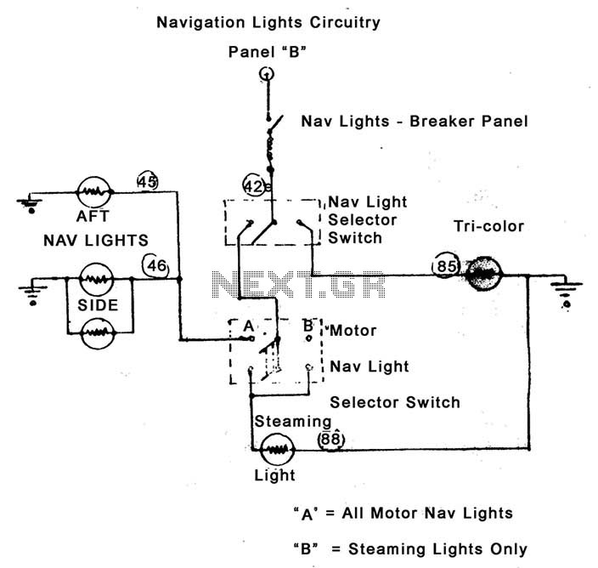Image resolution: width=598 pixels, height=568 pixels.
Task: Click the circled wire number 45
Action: pos(147,181)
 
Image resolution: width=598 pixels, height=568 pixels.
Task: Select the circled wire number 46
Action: pos(155,265)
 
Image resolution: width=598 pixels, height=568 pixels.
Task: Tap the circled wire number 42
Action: pos(254,186)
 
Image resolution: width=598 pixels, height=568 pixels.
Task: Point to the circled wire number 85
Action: pos(445,265)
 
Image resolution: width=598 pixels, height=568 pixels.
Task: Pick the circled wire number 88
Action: pos(330,440)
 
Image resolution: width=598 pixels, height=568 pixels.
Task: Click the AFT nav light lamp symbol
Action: pos(93,192)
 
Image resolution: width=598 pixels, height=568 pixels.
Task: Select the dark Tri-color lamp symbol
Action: pos(483,274)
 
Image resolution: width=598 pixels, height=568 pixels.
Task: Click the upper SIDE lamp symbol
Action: pos(96,279)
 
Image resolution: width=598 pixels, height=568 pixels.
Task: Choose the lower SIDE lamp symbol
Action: pos(98,332)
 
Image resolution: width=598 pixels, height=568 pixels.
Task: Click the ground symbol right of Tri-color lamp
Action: pos(566,293)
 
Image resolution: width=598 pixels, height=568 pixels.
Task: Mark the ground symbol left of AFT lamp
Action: pos(31,202)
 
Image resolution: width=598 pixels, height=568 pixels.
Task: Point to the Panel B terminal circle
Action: pos(267,73)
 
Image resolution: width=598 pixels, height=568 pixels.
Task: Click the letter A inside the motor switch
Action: pos(248,326)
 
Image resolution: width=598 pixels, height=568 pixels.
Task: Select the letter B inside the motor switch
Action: pos(307,326)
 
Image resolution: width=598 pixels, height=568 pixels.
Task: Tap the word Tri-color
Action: pos(488,226)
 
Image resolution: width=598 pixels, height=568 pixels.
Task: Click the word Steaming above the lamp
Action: pos(292,422)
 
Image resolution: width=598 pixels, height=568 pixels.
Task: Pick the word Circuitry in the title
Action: pos(345,22)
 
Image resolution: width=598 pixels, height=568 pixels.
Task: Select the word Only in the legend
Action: pos(508,549)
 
